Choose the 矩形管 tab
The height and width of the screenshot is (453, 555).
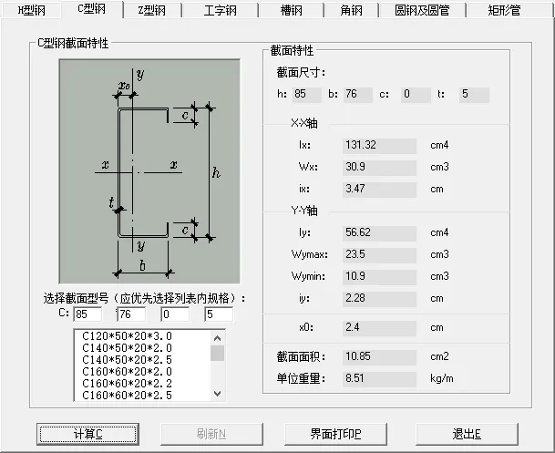(x=503, y=10)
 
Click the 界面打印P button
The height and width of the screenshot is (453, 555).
(x=335, y=433)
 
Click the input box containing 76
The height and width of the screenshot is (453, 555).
(x=130, y=314)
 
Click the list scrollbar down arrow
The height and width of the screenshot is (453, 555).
(x=217, y=394)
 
